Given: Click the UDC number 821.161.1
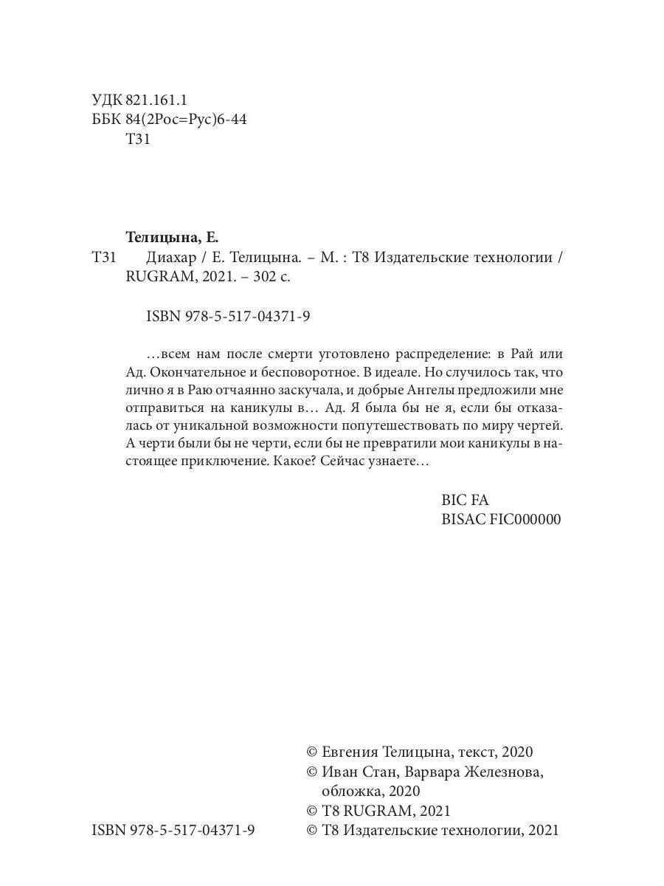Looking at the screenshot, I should pos(156,100).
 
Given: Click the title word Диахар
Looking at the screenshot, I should pos(170,258).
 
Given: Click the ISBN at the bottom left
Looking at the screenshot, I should pos(173,830).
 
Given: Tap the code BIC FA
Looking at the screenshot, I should pos(465,500).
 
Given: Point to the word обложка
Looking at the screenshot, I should pos(351,791).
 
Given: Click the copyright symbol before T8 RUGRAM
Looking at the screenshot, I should pos(311,811).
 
